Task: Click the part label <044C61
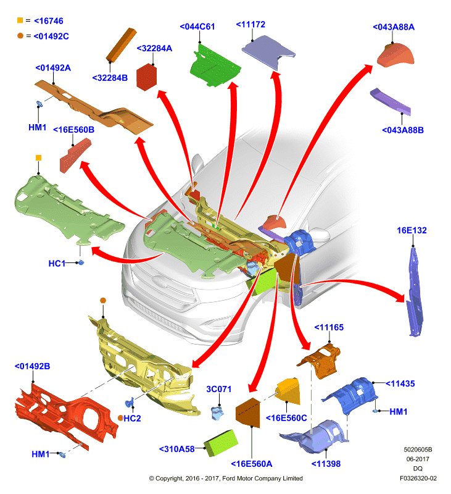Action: point(197,27)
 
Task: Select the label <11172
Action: point(250,25)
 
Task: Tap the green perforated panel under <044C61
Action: point(215,65)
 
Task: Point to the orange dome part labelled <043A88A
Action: point(395,54)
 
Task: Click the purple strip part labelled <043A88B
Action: point(391,101)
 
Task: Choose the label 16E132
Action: point(412,230)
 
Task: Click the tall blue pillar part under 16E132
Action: point(415,291)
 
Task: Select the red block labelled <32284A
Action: point(146,77)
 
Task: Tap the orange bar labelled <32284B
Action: point(121,44)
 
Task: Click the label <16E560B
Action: point(73,130)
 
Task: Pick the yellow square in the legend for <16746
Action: point(20,20)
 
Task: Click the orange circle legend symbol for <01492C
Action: point(20,36)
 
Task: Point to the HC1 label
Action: point(57,264)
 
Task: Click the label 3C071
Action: point(219,389)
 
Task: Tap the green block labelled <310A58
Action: point(221,443)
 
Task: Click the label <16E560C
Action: point(286,418)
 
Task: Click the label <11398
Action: point(326,464)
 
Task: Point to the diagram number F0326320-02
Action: point(418,478)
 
